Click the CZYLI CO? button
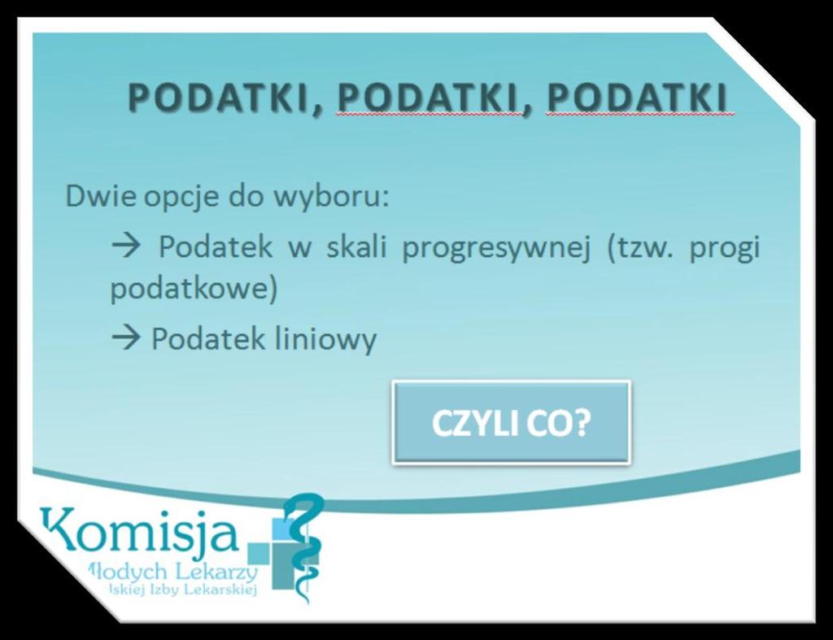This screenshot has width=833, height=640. [511, 422]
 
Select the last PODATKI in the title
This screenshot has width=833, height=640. [636, 98]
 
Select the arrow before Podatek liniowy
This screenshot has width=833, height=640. [126, 338]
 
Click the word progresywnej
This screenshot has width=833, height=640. [496, 249]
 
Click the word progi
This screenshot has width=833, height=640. [725, 249]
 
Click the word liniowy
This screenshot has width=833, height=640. [325, 340]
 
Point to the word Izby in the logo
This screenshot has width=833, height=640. [164, 590]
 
